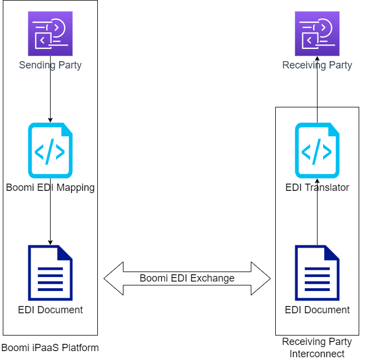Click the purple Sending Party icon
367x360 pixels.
[x=50, y=33]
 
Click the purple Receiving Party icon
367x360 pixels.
[x=317, y=33]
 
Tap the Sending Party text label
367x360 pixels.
[x=50, y=65]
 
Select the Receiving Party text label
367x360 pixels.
[x=317, y=65]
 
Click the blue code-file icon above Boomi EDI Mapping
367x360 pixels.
[x=50, y=150]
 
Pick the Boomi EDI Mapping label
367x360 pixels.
[x=50, y=188]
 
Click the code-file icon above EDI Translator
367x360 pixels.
[x=317, y=150]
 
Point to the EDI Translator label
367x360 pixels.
[x=317, y=188]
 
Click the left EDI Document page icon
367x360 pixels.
[x=50, y=273]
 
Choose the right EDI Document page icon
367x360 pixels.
[x=317, y=273]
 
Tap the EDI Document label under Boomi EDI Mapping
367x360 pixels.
[x=50, y=310]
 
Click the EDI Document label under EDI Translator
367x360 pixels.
[x=317, y=310]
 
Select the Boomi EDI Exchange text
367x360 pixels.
[x=187, y=278]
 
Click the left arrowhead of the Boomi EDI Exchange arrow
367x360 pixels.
[x=113, y=278]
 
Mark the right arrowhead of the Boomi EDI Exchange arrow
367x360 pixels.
[x=261, y=278]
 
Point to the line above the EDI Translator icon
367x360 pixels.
[x=317, y=115]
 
